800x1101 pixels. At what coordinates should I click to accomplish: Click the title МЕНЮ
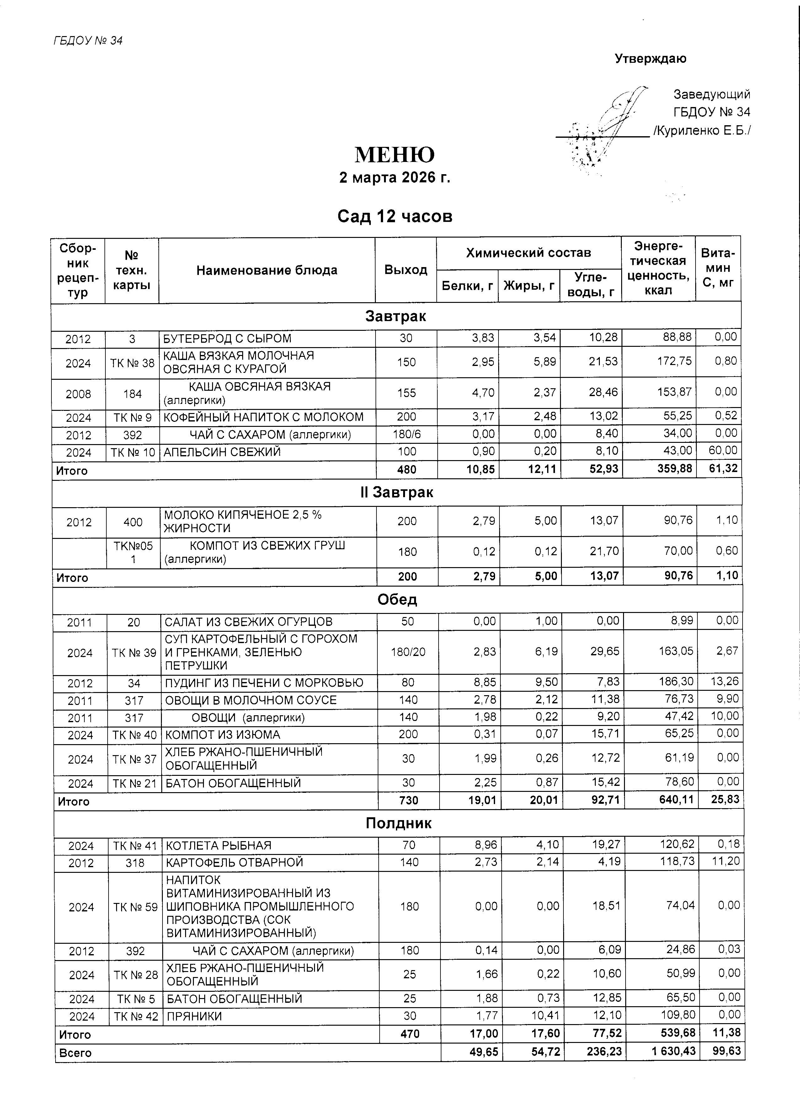click(394, 155)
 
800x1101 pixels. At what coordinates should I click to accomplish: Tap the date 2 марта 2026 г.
click(394, 178)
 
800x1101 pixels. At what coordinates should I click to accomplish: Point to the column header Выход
click(406, 270)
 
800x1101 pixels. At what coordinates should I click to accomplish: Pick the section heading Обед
click(397, 599)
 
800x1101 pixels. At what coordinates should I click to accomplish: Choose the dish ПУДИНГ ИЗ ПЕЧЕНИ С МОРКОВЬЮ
click(264, 683)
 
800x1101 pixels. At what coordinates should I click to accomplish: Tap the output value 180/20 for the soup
click(408, 652)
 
